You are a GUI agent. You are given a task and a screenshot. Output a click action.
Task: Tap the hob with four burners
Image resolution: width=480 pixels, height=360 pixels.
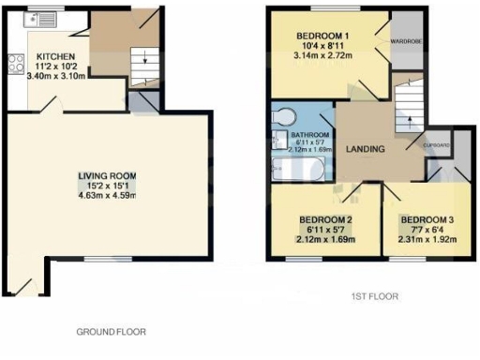[x=16, y=64]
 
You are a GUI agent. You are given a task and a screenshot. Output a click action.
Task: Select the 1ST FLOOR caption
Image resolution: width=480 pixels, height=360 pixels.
[x=374, y=296]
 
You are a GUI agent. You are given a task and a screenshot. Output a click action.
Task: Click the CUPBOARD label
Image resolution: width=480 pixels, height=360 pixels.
[x=438, y=145]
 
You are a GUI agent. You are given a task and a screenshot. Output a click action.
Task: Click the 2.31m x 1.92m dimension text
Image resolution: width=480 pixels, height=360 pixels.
[x=427, y=240]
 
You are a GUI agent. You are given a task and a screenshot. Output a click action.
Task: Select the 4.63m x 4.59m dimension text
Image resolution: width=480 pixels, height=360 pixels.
[x=107, y=197]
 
